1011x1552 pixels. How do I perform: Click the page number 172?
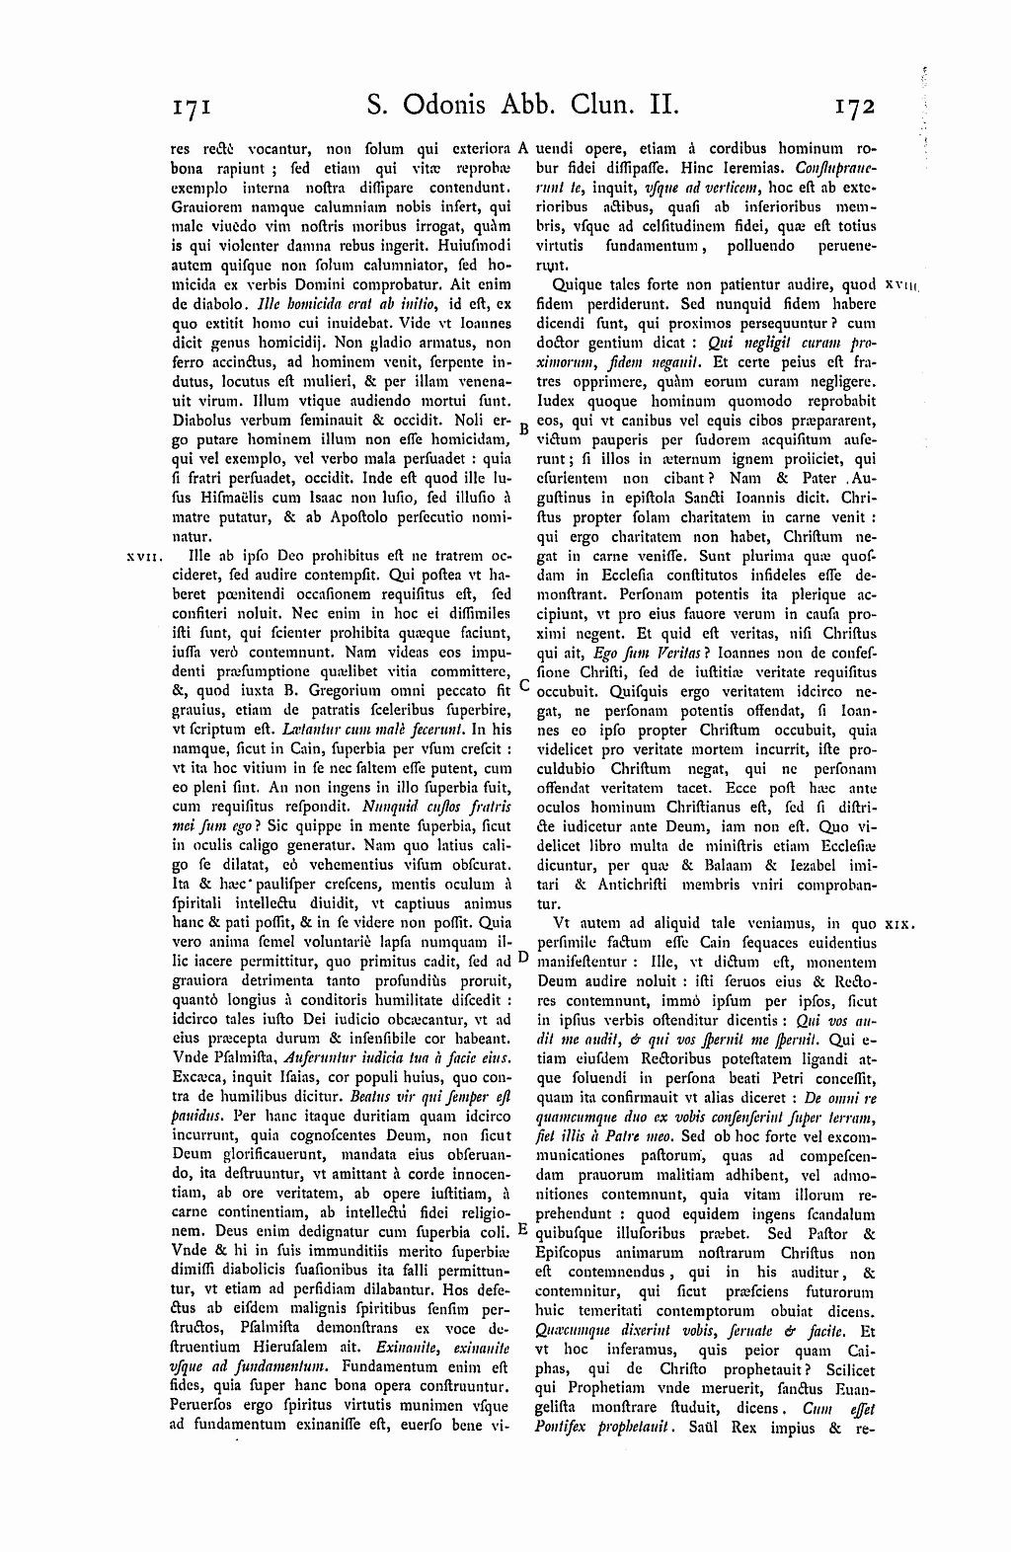[x=854, y=105]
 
